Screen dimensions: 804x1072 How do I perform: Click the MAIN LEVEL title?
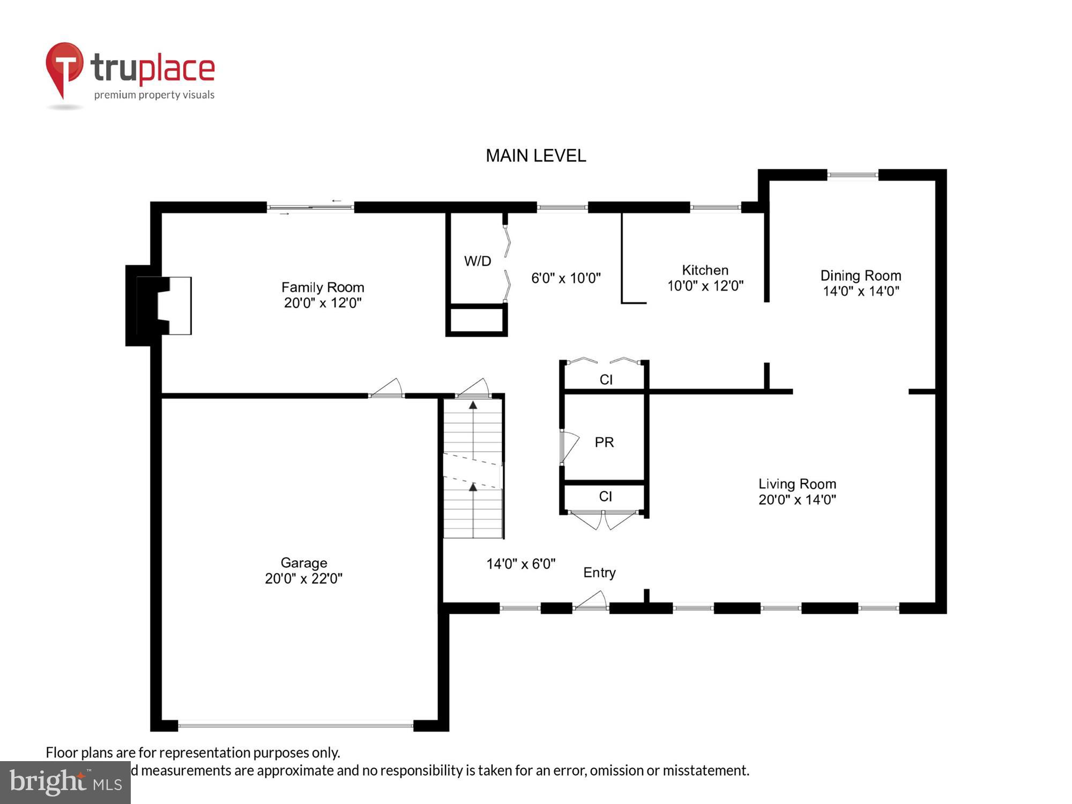coord(535,156)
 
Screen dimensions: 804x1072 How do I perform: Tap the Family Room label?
coord(323,287)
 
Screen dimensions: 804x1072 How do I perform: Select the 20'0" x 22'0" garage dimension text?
coord(303,579)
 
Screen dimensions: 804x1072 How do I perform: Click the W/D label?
coord(477,261)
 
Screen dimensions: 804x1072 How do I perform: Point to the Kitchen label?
coord(705,270)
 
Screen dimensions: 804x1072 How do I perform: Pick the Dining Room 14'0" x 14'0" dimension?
coord(861,291)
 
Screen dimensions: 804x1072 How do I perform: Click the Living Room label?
coord(797,484)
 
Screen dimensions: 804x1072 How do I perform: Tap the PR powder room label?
coord(604,442)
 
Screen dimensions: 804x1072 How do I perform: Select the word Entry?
coord(599,572)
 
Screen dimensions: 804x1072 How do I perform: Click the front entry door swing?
coord(592,601)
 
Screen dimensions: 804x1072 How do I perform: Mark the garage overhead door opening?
coord(295,725)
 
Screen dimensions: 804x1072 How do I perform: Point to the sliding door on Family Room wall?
coord(310,207)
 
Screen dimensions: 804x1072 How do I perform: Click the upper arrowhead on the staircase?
coord(473,405)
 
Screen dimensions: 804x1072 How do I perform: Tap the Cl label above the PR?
coord(606,379)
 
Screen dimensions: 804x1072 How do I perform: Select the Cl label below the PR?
coord(605,496)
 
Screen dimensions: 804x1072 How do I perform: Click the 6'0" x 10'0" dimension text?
coord(565,278)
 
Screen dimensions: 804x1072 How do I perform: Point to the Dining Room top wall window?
coord(853,175)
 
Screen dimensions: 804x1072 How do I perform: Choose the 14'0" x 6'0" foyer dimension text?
coord(520,564)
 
